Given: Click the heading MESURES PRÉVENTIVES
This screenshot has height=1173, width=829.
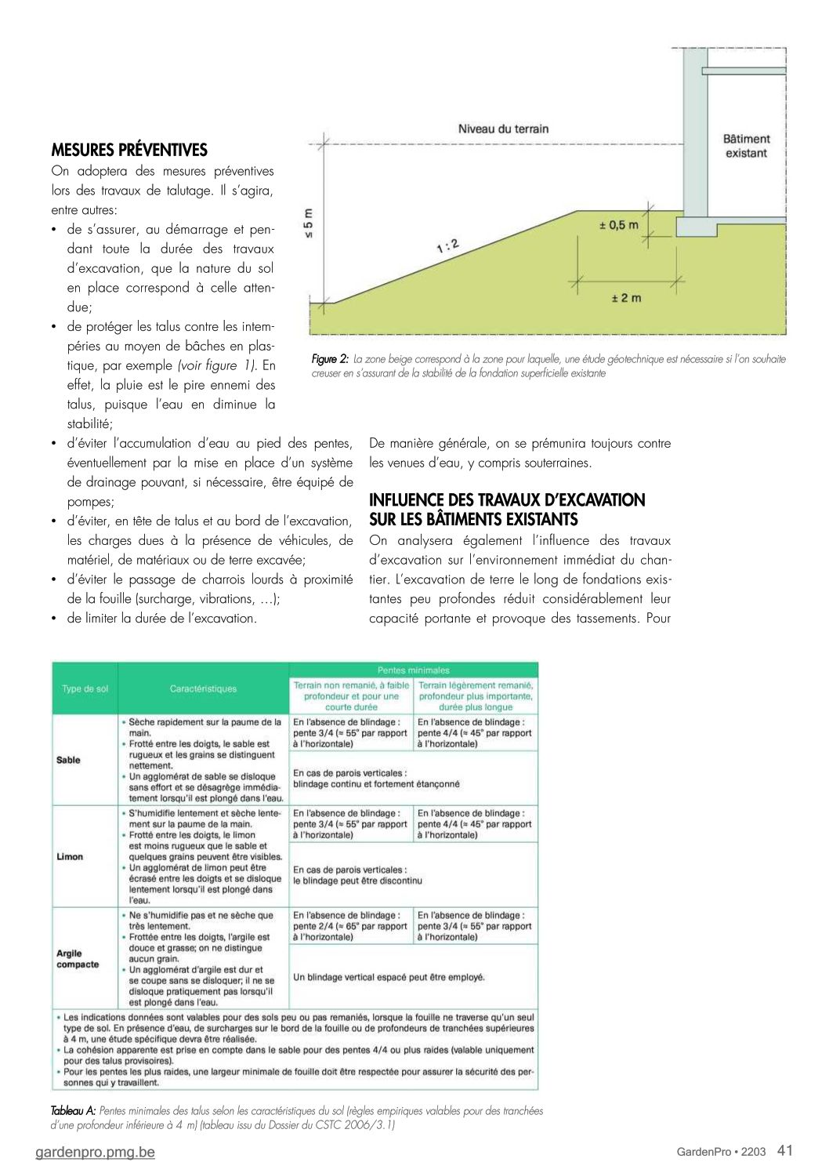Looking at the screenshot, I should (x=129, y=150).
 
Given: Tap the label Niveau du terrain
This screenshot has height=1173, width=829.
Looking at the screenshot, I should (x=503, y=129).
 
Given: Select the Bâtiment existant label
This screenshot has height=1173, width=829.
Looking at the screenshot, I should (x=746, y=146).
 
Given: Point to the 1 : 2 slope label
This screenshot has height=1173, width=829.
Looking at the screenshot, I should (x=447, y=246).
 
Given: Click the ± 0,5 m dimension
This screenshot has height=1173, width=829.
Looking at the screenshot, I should (x=618, y=225).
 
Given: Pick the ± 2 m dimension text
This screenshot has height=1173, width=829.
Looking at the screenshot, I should (x=626, y=298).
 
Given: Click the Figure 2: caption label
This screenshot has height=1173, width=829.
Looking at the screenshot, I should (x=330, y=359).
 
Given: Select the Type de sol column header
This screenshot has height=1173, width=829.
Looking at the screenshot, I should (x=85, y=688).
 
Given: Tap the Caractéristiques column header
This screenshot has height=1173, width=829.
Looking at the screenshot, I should (x=203, y=688).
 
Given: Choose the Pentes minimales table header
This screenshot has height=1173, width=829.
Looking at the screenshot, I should (x=413, y=670).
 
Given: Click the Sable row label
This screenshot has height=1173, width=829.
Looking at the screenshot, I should (x=68, y=760).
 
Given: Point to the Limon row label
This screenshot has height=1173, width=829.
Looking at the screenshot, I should (x=70, y=856).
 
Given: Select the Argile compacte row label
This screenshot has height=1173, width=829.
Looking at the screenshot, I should (x=78, y=959).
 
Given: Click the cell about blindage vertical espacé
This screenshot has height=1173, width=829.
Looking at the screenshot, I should (x=389, y=977).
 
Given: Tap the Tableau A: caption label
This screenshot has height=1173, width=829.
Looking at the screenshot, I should (x=73, y=1111).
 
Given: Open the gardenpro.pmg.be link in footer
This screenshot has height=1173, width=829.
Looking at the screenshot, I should (x=95, y=1152).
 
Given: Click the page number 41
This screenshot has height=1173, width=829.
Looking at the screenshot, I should (x=785, y=1150).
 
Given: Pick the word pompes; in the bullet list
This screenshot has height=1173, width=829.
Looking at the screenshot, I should (x=90, y=502).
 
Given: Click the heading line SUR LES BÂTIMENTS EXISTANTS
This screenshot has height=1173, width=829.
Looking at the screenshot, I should (x=473, y=519).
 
